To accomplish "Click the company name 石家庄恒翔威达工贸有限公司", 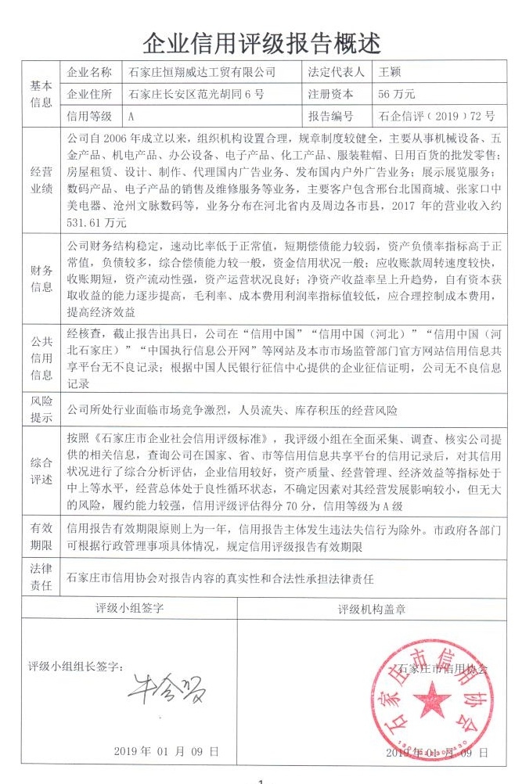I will [202, 72].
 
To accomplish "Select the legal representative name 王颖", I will [391, 72].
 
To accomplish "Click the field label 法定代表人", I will [337, 72].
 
